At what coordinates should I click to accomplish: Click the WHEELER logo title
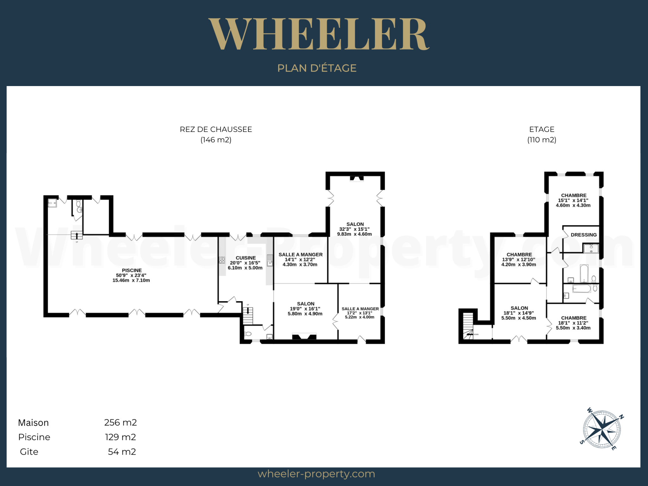(319, 34)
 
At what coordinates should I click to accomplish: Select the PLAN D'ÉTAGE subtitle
(317, 68)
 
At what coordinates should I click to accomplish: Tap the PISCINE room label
(132, 271)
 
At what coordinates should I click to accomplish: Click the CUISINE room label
(246, 258)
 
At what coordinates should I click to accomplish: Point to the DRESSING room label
(584, 235)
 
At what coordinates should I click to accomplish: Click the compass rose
(602, 429)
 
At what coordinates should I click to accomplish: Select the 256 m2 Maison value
(121, 422)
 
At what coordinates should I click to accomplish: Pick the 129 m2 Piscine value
(121, 437)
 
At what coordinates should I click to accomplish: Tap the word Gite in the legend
(29, 452)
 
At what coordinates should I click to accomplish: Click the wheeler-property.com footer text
(316, 474)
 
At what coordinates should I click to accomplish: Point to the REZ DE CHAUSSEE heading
(216, 129)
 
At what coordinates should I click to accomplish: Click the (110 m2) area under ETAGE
(542, 140)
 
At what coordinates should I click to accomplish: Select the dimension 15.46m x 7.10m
(131, 280)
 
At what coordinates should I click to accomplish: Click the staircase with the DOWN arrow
(468, 326)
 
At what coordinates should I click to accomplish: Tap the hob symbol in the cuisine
(222, 260)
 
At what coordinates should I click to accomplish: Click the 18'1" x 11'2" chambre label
(573, 323)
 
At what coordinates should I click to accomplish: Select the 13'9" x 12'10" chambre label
(519, 259)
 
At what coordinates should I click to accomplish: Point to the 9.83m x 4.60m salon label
(354, 234)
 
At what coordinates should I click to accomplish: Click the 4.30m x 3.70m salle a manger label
(300, 265)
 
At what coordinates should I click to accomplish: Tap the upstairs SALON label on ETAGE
(519, 308)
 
